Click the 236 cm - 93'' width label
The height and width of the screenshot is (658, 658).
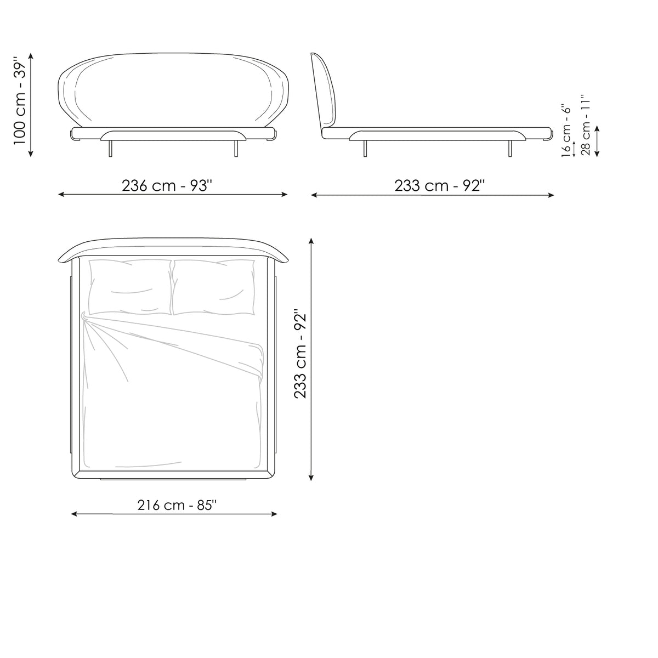pyautogui.click(x=167, y=186)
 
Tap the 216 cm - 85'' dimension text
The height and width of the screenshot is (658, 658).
pyautogui.click(x=177, y=505)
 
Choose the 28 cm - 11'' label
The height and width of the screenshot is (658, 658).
pyautogui.click(x=585, y=126)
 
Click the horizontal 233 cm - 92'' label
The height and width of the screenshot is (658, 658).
pyautogui.click(x=439, y=186)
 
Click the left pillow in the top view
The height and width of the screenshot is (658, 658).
pyautogui.click(x=130, y=287)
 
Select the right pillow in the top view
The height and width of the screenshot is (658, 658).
pyautogui.click(x=214, y=287)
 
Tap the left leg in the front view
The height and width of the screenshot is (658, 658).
pyautogui.click(x=110, y=148)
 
